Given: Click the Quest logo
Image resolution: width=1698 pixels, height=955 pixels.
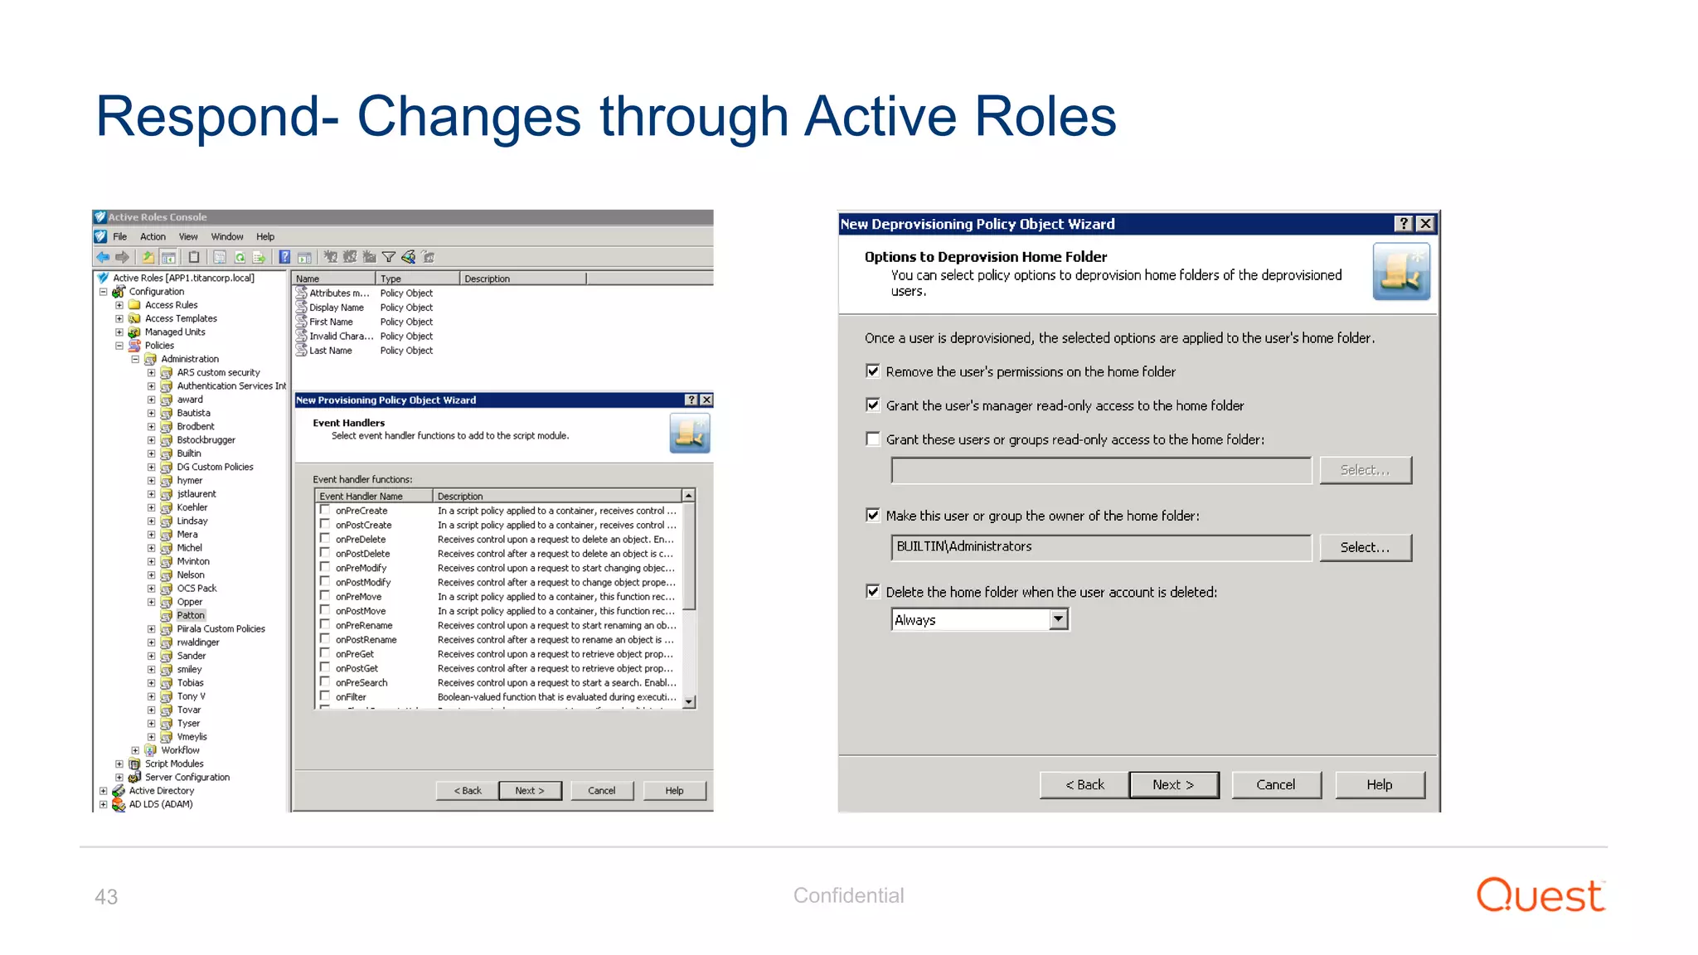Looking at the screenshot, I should click(1540, 895).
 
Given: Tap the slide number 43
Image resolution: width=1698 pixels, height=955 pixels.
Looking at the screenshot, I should click(106, 897).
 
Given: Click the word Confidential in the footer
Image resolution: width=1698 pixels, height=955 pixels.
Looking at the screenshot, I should click(848, 895).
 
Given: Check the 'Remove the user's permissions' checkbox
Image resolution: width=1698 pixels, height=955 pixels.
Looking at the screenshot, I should click(872, 371).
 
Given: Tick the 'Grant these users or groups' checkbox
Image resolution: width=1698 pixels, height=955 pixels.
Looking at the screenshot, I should click(872, 439).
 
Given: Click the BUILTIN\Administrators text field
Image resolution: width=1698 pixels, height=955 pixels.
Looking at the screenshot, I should click(1100, 547).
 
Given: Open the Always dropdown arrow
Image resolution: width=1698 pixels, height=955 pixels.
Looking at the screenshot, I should click(1058, 620).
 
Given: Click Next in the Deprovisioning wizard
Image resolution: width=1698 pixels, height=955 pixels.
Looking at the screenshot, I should click(1173, 785).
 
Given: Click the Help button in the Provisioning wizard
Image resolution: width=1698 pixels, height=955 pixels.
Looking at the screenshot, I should click(674, 791).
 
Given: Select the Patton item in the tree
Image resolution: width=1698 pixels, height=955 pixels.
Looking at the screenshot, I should click(191, 615).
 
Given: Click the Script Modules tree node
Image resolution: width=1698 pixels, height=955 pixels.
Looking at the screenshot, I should click(174, 764).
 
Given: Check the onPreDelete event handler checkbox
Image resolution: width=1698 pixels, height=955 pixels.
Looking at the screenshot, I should click(325, 539).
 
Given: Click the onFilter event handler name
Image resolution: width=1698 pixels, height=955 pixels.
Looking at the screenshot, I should click(351, 697).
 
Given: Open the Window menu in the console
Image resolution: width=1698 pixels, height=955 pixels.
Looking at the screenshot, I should click(226, 237).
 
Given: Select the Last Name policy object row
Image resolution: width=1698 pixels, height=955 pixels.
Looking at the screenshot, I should click(331, 351).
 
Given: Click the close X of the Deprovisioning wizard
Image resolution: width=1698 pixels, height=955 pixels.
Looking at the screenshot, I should click(1424, 224).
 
